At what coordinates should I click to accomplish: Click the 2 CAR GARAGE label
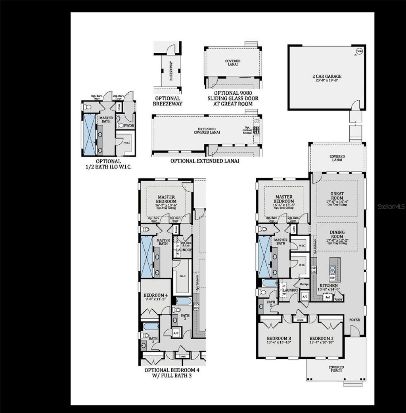click(x=327, y=76)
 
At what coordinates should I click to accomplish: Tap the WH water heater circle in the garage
click(x=359, y=51)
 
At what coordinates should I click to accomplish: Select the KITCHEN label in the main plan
click(x=329, y=285)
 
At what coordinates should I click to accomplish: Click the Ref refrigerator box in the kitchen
click(x=327, y=296)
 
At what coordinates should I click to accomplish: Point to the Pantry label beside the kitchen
click(x=338, y=300)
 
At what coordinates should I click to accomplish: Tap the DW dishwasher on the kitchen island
click(x=333, y=278)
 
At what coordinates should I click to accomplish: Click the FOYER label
click(x=354, y=319)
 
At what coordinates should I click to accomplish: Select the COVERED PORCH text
click(x=336, y=369)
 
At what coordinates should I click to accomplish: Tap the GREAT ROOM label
click(x=337, y=196)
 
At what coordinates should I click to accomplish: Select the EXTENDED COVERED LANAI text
click(x=207, y=131)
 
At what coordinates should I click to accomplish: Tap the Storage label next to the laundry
click(x=304, y=284)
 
